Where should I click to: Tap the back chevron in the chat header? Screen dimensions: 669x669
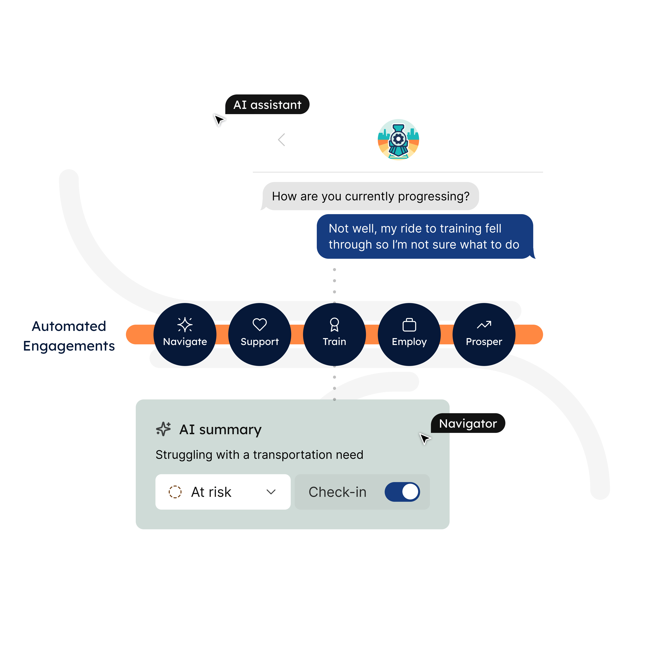pos(282,140)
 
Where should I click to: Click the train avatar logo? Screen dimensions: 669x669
pos(398,140)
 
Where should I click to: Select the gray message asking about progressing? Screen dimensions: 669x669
pos(371,196)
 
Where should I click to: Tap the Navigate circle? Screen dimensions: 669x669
pos(185,334)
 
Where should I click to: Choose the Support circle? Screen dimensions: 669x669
pos(260,334)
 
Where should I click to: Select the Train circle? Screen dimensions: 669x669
pos(334,334)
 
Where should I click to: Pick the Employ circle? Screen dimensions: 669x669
pos(409,334)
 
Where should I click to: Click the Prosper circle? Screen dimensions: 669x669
pos(484,334)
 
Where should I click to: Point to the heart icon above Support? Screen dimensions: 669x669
pos(260,324)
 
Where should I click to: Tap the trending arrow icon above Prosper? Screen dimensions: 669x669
pos(484,324)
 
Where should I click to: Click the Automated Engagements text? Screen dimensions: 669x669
pos(69,336)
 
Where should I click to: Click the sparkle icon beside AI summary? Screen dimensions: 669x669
pos(163,429)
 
